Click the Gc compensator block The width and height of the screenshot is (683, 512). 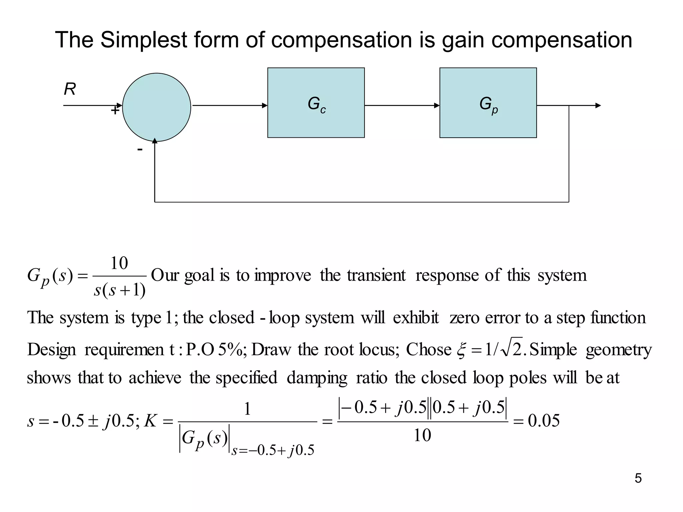[x=316, y=103]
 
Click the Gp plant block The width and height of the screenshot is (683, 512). [x=488, y=103]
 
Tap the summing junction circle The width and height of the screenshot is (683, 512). [x=156, y=107]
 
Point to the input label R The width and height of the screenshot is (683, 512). [x=70, y=89]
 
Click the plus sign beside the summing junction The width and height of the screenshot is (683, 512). [x=115, y=110]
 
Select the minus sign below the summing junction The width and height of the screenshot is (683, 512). [x=140, y=149]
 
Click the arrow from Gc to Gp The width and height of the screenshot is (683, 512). [x=402, y=106]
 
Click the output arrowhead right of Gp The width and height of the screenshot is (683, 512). [x=598, y=106]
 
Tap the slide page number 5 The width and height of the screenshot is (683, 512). [x=638, y=478]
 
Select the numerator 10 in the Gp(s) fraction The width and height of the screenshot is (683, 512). [x=119, y=263]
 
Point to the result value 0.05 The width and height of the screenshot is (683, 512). [x=544, y=421]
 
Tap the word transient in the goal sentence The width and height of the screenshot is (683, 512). [x=376, y=275]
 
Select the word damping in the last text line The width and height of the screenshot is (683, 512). [x=317, y=378]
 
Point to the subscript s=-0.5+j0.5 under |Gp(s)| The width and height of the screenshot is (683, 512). [x=273, y=450]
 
